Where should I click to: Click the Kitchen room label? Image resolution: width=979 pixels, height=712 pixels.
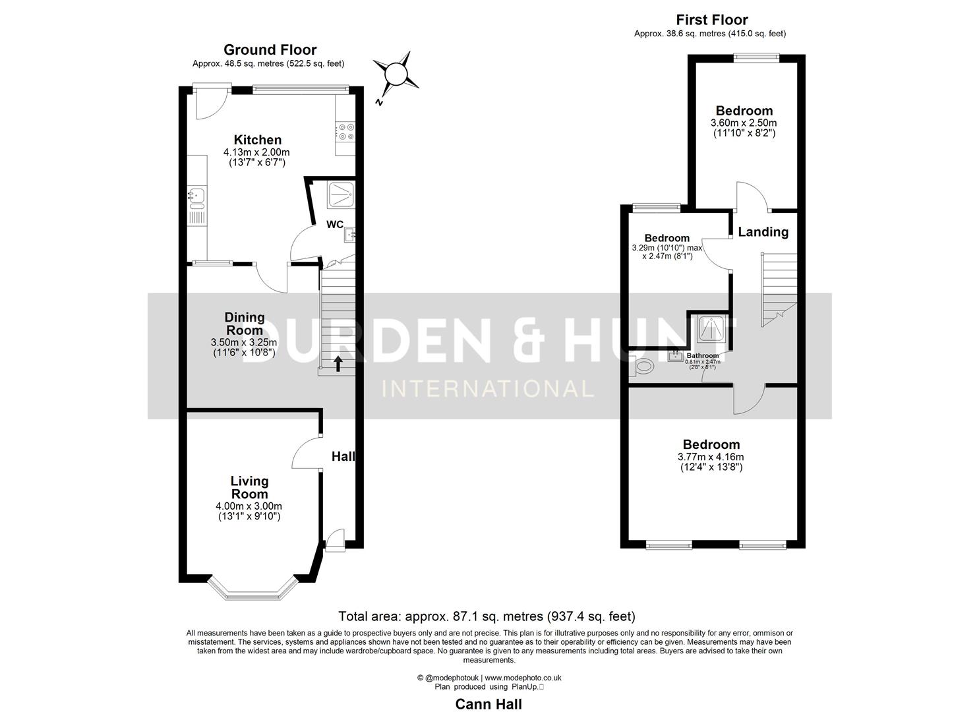(257, 140)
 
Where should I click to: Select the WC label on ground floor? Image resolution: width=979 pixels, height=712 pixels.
(334, 224)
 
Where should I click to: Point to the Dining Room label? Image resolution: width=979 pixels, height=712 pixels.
(245, 324)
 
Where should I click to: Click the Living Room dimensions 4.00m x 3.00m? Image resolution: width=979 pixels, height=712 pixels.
(249, 506)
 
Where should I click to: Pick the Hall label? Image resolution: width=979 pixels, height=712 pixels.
(343, 456)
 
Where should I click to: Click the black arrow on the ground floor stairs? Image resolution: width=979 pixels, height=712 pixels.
(338, 363)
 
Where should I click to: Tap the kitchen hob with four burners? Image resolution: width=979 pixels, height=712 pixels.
(345, 133)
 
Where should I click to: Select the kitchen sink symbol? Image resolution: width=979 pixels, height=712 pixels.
(196, 195)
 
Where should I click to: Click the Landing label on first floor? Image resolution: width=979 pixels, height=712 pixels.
(763, 232)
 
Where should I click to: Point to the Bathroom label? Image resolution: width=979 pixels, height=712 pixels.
(703, 356)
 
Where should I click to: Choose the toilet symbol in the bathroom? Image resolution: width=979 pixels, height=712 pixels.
(641, 367)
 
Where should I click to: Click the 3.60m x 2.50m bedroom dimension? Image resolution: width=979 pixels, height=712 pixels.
(743, 123)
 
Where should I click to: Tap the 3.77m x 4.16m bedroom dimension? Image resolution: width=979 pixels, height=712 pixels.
(711, 457)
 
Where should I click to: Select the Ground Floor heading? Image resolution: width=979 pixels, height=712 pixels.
(270, 50)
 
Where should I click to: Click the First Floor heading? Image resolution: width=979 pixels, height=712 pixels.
(711, 20)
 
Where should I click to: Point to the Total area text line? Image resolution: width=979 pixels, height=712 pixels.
(487, 616)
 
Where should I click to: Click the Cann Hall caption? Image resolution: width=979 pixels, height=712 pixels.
(489, 704)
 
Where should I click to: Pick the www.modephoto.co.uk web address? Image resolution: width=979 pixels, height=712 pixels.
(523, 678)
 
